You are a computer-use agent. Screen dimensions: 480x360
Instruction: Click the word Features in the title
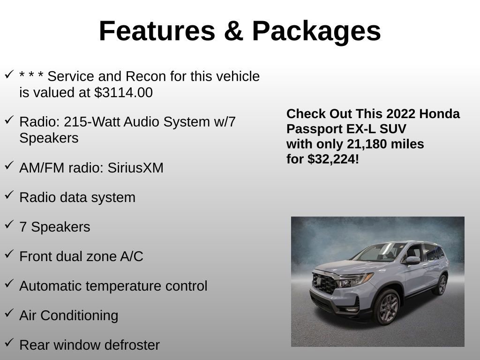coord(157,31)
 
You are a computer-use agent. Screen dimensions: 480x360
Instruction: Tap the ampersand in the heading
coord(233,31)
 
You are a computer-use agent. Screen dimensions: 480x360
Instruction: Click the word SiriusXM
coord(135,168)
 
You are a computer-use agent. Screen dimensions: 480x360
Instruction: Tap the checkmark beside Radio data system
coord(9,195)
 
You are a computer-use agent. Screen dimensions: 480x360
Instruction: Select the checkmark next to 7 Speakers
coord(9,224)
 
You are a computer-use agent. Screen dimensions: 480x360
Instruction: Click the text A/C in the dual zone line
coord(132,256)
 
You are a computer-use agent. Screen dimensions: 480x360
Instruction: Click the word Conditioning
coord(79,315)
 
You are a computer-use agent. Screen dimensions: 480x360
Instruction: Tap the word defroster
coord(133,345)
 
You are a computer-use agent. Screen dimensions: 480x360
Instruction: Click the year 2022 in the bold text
coord(397,114)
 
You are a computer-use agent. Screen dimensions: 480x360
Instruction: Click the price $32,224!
coord(333,159)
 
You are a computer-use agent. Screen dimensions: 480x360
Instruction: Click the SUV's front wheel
coord(387,306)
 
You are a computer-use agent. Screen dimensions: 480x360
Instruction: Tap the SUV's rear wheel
coord(441,285)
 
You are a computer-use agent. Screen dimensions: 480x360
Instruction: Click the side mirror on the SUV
coord(412,260)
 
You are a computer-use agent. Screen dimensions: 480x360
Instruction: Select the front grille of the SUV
coord(324,283)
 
